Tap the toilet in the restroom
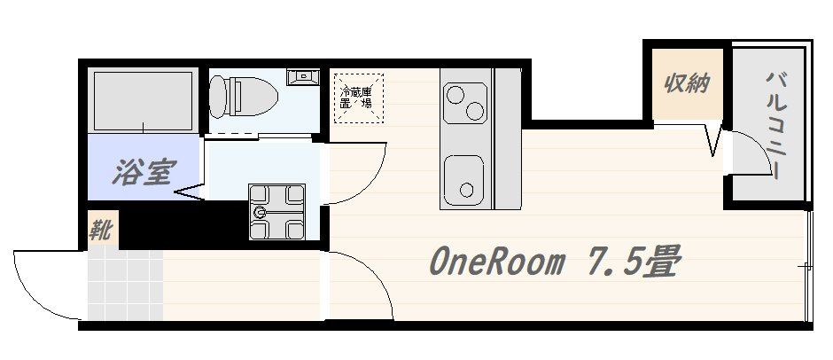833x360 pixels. (x=244, y=97)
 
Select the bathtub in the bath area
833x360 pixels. (x=144, y=100)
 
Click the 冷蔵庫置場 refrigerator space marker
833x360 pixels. (x=359, y=98)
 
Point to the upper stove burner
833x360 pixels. (x=455, y=95)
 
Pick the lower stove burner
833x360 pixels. (x=475, y=111)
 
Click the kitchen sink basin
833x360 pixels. (x=463, y=179)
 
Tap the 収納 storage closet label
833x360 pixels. (x=688, y=84)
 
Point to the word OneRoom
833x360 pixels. (x=496, y=262)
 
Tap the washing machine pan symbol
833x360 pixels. (x=276, y=212)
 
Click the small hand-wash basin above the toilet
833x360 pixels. (x=303, y=77)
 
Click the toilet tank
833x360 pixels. (x=217, y=97)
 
